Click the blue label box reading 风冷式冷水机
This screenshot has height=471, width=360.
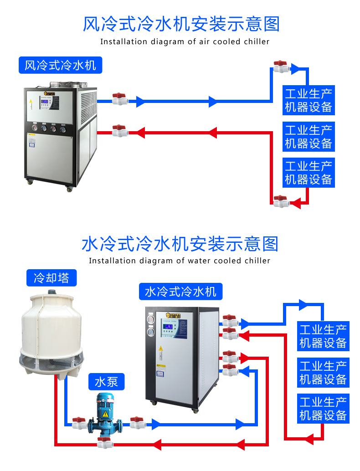[x=60, y=65]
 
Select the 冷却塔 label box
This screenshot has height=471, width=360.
[x=51, y=277]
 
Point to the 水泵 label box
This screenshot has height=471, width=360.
[x=106, y=382]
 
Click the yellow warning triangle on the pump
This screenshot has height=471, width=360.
[x=105, y=414]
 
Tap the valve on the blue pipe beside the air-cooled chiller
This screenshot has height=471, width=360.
[x=120, y=99]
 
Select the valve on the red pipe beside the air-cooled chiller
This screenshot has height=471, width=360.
[x=120, y=131]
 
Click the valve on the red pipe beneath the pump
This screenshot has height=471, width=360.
[x=105, y=442]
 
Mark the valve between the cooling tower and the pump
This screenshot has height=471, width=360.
[x=79, y=423]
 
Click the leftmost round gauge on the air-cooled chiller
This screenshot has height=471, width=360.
[x=34, y=129]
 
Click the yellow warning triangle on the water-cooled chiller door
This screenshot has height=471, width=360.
[x=160, y=348]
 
